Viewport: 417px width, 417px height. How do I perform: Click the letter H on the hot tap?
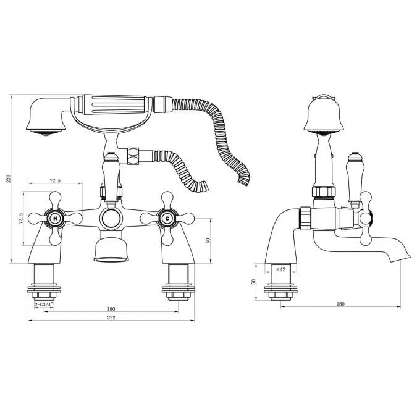tap(55, 219)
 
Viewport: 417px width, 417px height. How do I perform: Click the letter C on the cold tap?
tap(167, 219)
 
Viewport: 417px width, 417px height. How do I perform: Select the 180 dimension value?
tap(111, 309)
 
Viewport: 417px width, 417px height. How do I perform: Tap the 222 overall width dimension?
tap(111, 318)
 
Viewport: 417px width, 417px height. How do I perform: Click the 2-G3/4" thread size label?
tap(44, 305)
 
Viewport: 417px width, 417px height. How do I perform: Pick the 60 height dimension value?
tap(208, 240)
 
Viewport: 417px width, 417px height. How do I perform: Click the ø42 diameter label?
tap(281, 269)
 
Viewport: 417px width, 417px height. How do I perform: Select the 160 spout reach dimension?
tap(340, 304)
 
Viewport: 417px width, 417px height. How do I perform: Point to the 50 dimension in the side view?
tap(253, 282)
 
